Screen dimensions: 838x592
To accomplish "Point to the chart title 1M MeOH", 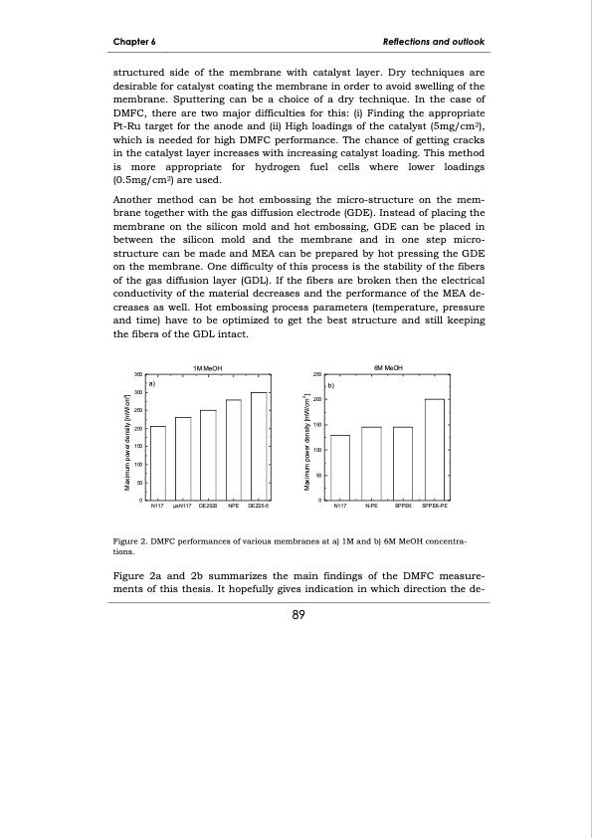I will click(x=208, y=368).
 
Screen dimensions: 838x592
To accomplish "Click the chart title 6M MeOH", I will click(x=387, y=368).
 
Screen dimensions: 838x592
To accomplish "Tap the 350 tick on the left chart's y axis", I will click(x=138, y=374).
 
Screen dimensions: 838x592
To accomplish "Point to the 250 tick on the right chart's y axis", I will click(x=318, y=374).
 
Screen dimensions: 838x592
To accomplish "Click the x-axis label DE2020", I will click(x=208, y=507).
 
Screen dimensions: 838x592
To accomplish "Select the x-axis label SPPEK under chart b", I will click(x=403, y=507).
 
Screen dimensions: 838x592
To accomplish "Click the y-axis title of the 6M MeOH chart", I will click(x=306, y=438).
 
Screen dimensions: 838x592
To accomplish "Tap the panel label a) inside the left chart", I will click(x=152, y=382).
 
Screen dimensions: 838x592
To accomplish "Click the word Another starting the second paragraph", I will click(x=135, y=199).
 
